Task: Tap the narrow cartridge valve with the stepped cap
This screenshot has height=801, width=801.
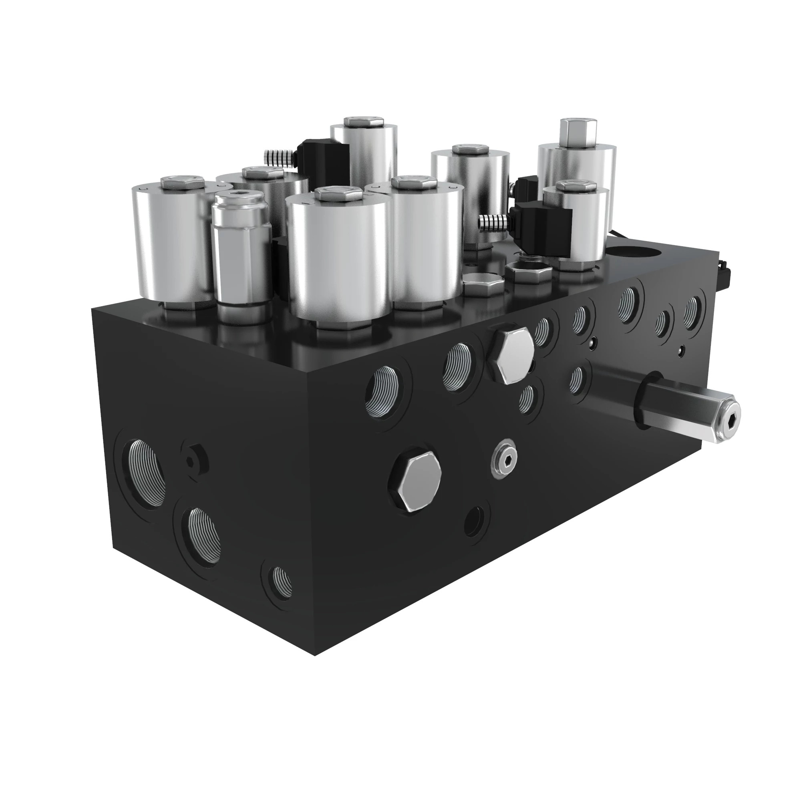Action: pyautogui.click(x=241, y=257)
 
